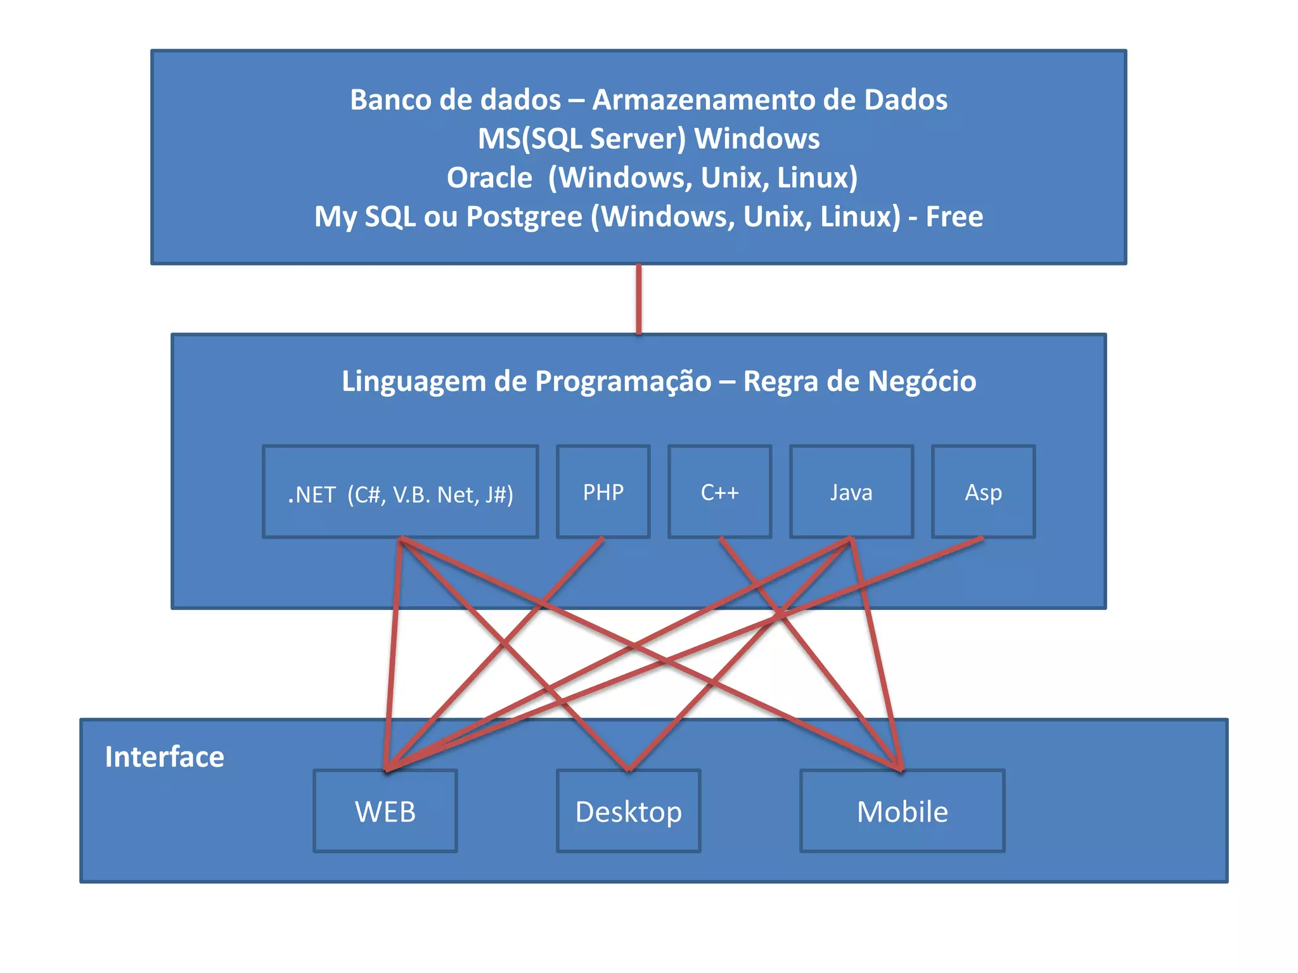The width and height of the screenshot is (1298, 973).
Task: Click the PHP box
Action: click(603, 492)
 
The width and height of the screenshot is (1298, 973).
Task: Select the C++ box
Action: click(719, 492)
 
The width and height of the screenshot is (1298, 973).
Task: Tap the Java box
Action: click(851, 492)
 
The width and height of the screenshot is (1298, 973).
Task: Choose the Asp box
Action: click(983, 492)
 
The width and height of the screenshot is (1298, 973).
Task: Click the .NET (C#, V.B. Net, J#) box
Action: click(401, 493)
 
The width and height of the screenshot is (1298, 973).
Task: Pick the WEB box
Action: click(385, 811)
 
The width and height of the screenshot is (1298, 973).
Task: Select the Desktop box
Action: click(628, 811)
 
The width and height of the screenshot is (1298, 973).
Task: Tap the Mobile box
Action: click(902, 811)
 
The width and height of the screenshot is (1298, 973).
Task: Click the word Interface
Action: click(165, 757)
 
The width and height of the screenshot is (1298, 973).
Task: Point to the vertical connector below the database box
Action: click(639, 299)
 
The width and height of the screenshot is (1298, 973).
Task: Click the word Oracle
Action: click(489, 178)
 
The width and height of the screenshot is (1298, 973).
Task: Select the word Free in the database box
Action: click(954, 217)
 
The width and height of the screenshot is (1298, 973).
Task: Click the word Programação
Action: click(623, 381)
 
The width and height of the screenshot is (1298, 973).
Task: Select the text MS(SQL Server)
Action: click(582, 139)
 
